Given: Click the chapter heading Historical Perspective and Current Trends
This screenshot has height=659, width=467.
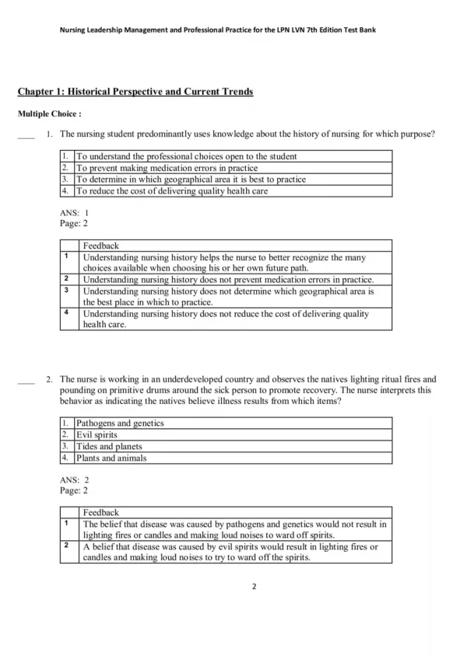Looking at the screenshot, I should [x=135, y=92].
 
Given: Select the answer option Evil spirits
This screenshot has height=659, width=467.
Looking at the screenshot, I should [x=97, y=435].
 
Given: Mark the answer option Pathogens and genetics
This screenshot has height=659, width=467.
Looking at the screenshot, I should [x=120, y=424].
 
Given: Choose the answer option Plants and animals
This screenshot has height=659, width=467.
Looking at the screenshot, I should [x=111, y=458].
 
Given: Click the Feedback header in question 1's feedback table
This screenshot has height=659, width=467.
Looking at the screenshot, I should [x=100, y=245].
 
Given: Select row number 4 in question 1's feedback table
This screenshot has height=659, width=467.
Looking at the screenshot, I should [x=67, y=313].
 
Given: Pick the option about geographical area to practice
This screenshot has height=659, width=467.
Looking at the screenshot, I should [x=191, y=179].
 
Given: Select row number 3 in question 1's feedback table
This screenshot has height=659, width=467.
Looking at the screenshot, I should [x=67, y=291].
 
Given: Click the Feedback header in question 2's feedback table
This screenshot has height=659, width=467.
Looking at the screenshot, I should [x=100, y=512].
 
